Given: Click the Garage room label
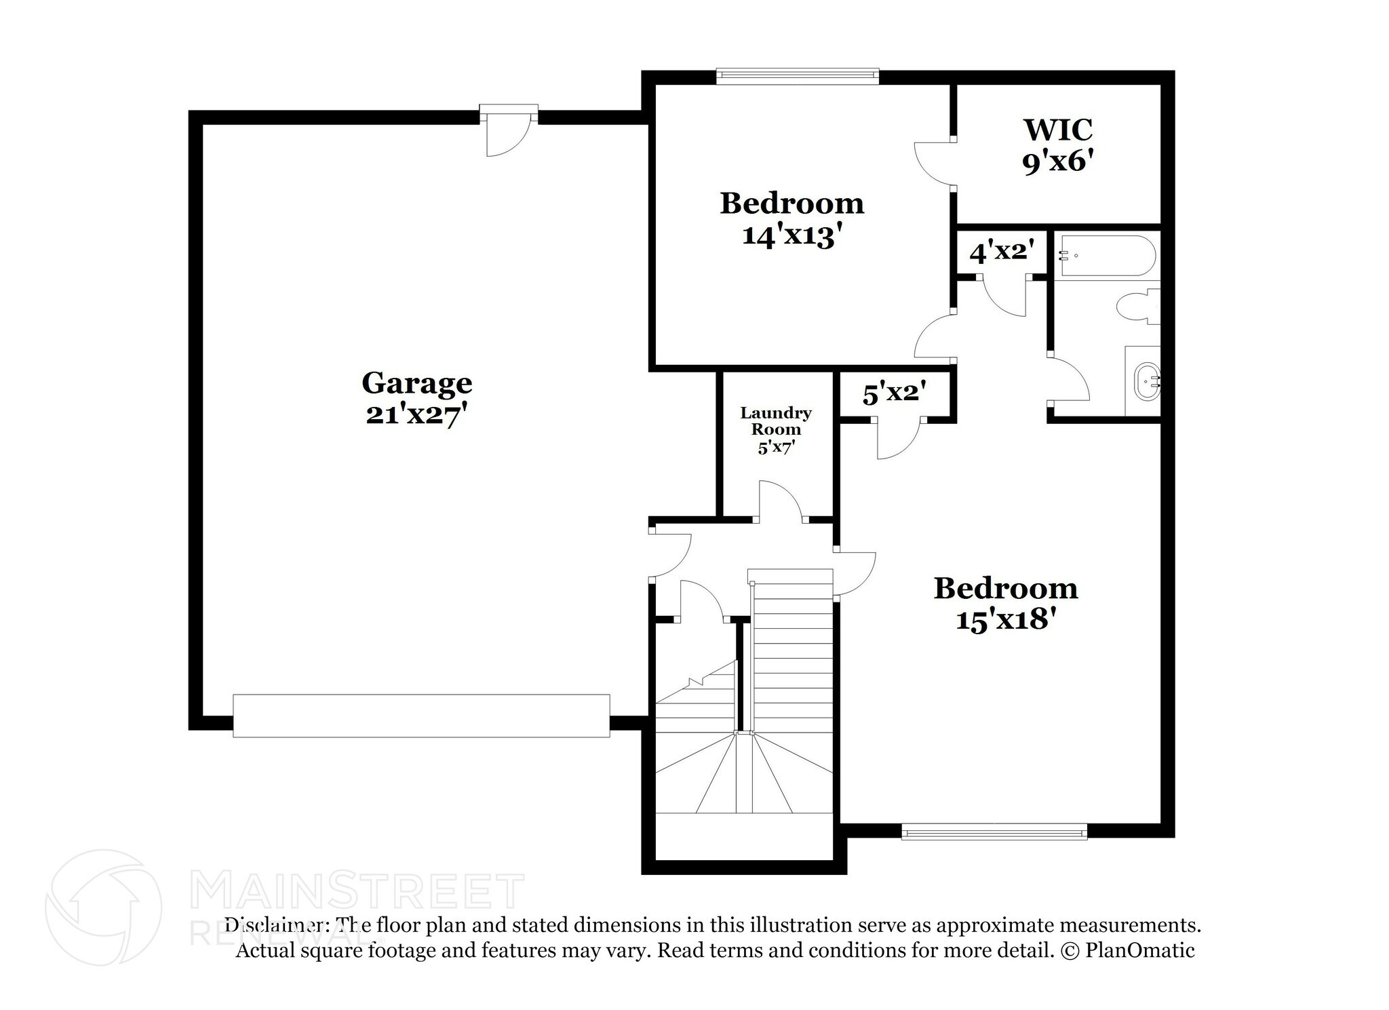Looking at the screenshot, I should coord(416,383).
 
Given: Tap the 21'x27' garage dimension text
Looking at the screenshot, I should coord(416,414).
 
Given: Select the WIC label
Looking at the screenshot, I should coord(1058,129).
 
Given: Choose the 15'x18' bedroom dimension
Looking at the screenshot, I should coord(1005,620).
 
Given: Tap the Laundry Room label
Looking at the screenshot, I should coord(776,421).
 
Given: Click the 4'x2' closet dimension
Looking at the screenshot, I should coord(1002,252).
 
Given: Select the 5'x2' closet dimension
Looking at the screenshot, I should coord(894,393).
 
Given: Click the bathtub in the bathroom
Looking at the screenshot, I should coord(1106,256).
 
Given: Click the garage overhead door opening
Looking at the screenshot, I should coord(421,715).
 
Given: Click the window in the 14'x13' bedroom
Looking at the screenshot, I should coord(798,77).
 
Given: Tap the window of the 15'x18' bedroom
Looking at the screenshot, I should coord(994,831).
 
